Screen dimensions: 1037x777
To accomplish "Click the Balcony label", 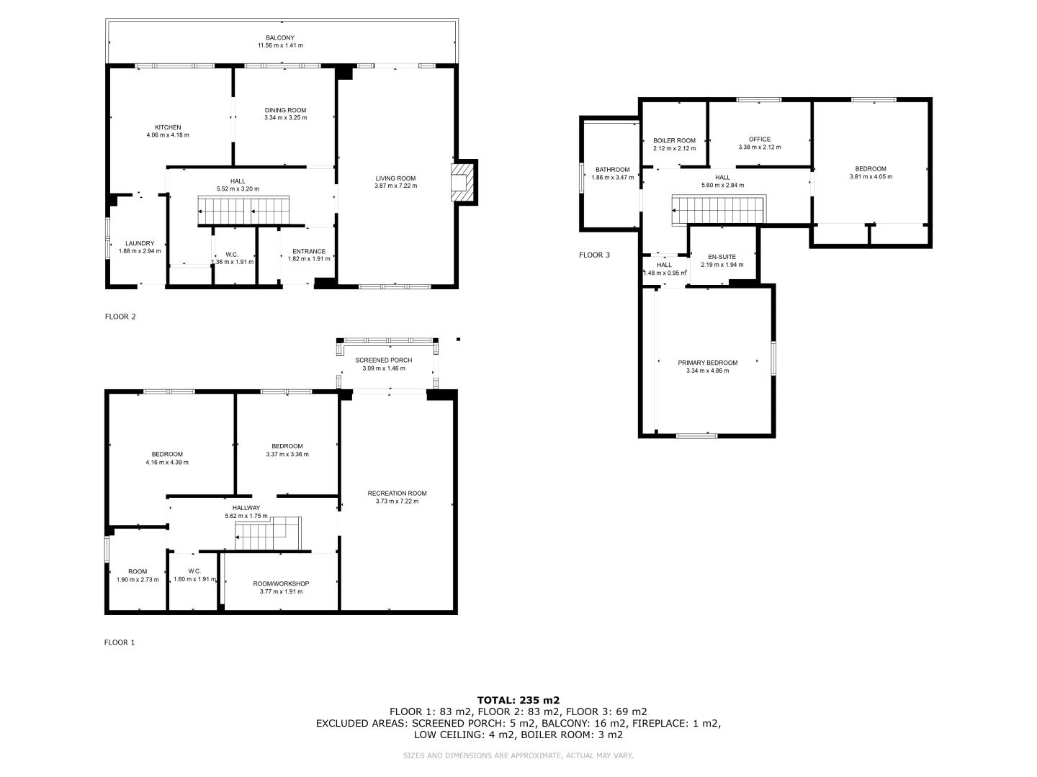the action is [280, 37].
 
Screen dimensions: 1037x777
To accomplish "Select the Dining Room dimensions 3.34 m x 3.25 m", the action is [285, 117].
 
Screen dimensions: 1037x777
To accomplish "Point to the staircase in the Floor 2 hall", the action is [243, 210].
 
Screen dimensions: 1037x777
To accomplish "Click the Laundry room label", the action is [140, 243].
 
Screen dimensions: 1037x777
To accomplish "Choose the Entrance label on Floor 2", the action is [309, 252].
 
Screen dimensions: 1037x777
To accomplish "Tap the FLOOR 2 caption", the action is [120, 317].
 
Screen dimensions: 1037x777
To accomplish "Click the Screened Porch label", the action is [384, 360].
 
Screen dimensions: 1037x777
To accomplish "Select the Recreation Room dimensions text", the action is [397, 501].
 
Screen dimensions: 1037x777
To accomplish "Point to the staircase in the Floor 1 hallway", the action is [269, 533].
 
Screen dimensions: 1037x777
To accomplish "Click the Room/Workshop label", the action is [281, 583].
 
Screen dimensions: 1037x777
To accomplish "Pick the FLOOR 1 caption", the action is [120, 642].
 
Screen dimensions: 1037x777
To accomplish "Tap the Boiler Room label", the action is [674, 140].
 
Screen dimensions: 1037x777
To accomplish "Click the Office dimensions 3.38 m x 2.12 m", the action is [760, 147].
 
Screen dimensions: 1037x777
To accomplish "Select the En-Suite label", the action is [722, 257].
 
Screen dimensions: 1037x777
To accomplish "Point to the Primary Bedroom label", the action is [708, 363].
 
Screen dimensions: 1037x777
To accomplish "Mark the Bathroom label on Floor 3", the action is [612, 170].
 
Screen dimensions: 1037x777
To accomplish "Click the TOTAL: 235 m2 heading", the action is [518, 700].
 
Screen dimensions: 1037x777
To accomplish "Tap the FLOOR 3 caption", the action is [594, 255].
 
